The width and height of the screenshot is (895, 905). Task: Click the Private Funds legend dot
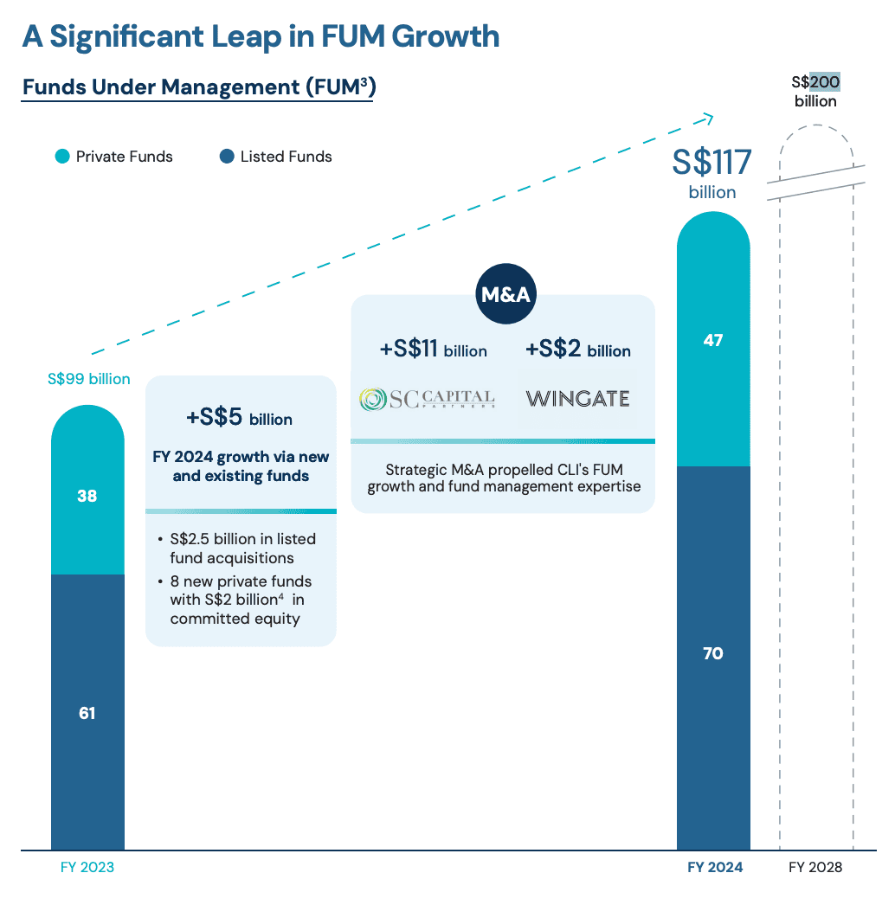pos(62,157)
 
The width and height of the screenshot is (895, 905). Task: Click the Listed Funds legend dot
pos(227,157)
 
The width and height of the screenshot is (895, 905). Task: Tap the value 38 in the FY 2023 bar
pos(87,497)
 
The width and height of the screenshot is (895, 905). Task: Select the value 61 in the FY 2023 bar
pos(87,713)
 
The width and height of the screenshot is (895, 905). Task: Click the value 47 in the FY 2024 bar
pos(712,341)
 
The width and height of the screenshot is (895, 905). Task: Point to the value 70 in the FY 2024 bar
pos(712,654)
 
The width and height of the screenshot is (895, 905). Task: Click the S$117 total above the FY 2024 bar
pos(712,163)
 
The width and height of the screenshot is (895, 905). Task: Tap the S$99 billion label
pos(88,379)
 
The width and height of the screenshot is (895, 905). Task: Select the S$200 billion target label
pos(815,91)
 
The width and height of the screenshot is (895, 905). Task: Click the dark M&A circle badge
pos(505,295)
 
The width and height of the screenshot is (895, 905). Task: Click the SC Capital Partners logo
pos(427,399)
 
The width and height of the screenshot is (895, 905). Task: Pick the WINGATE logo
pos(577,399)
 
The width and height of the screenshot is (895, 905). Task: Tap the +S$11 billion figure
pos(433,350)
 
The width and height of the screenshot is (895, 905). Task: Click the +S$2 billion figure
pos(577,350)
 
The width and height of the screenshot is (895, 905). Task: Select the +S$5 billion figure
pos(240,418)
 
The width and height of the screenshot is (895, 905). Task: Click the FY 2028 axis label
pos(815,867)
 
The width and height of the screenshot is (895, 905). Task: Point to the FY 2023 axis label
pos(87,867)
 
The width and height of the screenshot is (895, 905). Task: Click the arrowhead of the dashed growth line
pos(708,117)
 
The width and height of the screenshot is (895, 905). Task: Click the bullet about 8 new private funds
pos(241,600)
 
